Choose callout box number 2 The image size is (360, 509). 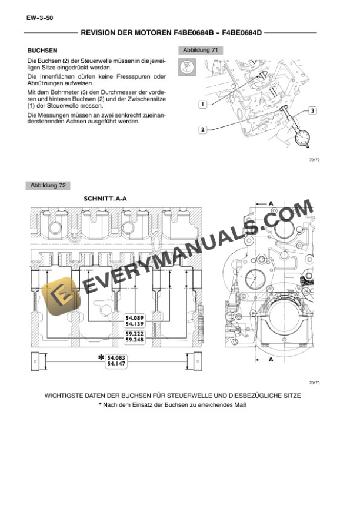202,129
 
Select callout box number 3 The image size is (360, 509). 312,110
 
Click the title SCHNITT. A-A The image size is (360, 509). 105,199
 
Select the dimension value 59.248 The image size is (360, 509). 135,340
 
